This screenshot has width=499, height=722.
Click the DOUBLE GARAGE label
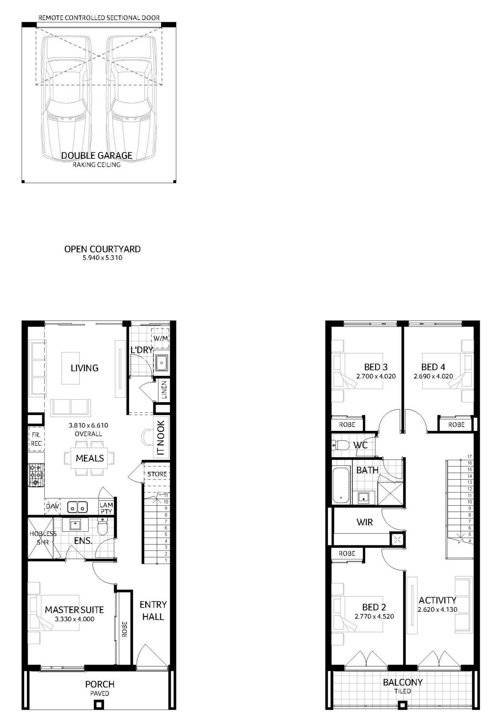(x=97, y=156)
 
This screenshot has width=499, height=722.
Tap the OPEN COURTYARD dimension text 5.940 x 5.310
(x=102, y=258)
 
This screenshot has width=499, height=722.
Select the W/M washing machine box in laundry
(x=160, y=338)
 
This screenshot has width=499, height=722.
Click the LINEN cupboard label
(x=164, y=390)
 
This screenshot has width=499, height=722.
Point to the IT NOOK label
(x=161, y=438)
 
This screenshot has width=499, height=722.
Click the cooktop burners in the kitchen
(x=36, y=475)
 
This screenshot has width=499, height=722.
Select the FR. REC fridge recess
(x=36, y=439)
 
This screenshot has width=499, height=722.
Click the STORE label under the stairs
(x=157, y=474)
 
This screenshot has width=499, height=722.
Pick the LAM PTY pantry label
(x=106, y=508)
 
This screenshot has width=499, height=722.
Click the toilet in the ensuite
(x=102, y=527)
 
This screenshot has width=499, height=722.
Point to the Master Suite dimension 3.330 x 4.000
(x=75, y=619)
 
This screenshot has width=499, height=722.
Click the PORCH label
(x=100, y=684)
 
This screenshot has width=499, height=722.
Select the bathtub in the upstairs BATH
(x=341, y=484)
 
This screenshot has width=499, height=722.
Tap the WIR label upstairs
(x=365, y=522)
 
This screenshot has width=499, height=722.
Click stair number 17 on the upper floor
(x=469, y=456)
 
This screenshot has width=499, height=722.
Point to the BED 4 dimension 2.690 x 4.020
(x=433, y=376)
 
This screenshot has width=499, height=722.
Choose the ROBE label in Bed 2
(x=347, y=553)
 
